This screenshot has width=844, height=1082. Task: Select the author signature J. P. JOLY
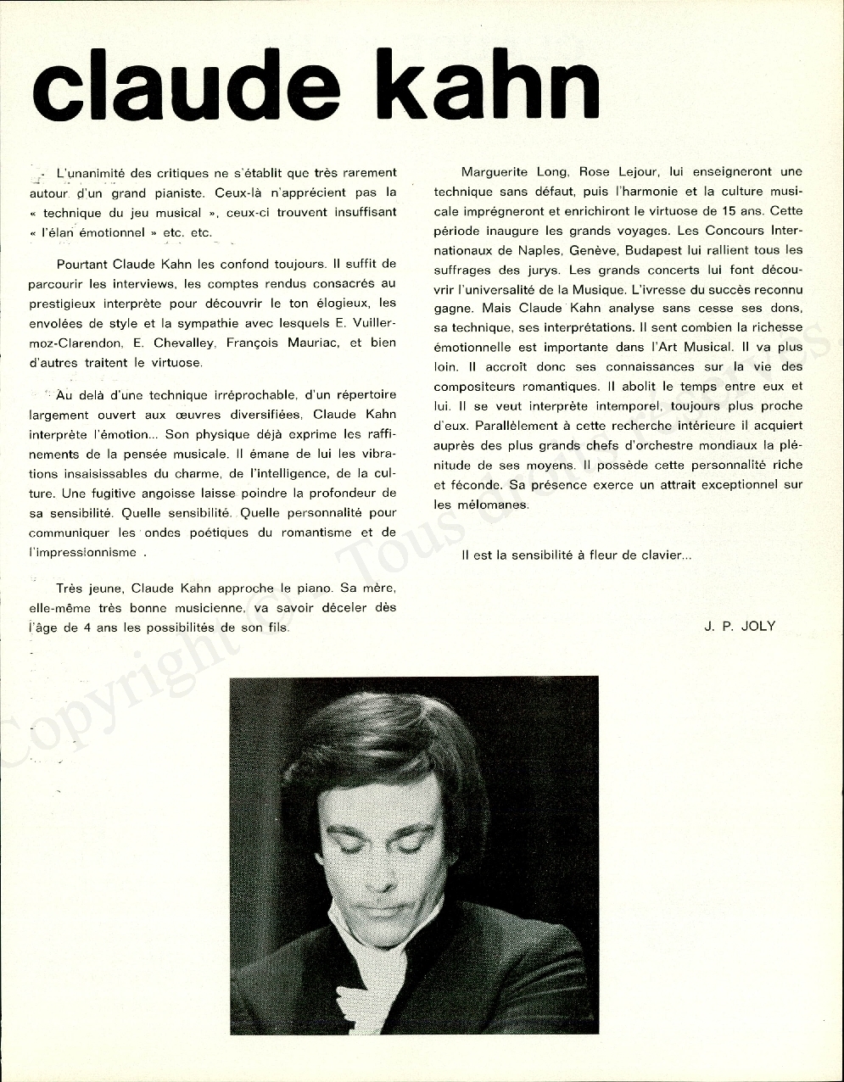739,627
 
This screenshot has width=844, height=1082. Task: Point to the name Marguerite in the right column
497,172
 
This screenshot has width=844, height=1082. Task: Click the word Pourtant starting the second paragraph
82,265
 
